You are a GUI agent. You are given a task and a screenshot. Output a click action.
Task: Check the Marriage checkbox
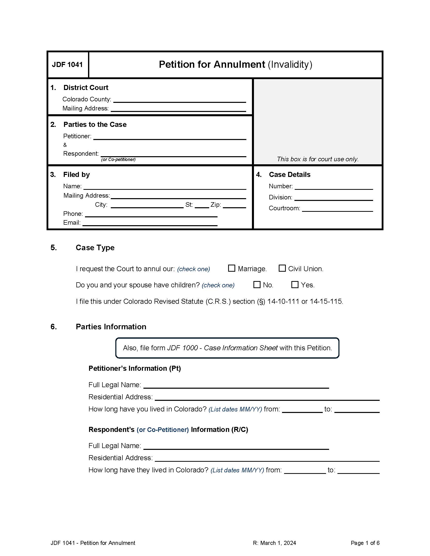click(x=231, y=268)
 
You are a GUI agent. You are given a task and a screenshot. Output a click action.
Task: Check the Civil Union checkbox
click(x=282, y=268)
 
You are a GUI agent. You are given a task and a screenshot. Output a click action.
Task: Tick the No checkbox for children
click(x=257, y=284)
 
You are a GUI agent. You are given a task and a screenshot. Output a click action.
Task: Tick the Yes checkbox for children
click(x=295, y=284)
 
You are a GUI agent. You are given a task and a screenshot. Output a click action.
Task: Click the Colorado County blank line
click(x=179, y=100)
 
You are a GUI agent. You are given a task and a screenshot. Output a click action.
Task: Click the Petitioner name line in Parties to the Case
click(x=170, y=136)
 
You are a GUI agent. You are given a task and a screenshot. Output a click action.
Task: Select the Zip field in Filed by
click(x=234, y=205)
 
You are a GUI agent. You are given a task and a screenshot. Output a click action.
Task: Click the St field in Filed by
click(x=202, y=205)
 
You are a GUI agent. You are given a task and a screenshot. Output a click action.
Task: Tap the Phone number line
click(x=151, y=214)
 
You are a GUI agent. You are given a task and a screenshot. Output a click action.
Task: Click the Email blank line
click(x=150, y=223)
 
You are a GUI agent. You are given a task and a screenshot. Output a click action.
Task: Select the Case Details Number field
click(x=334, y=187)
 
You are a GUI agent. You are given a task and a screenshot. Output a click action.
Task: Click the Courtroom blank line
click(x=337, y=209)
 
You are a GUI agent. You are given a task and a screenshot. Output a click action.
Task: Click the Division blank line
click(x=334, y=198)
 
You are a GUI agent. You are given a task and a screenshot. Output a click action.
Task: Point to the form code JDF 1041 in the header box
click(x=68, y=65)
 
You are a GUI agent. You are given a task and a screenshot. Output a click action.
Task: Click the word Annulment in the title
click(x=239, y=64)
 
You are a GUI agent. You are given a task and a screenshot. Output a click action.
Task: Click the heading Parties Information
click(x=111, y=327)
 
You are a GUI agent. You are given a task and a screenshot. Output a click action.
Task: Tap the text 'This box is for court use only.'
click(x=318, y=159)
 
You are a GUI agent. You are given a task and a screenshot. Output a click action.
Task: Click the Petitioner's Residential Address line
click(x=267, y=397)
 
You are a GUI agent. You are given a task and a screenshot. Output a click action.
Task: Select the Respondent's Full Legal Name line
click(x=236, y=446)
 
